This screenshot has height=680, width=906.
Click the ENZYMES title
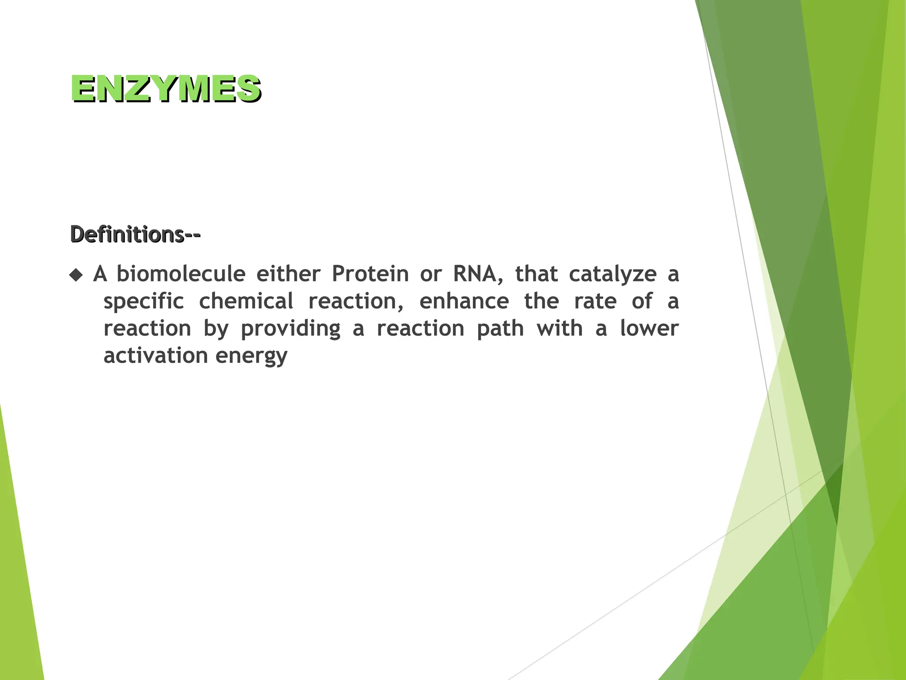(x=166, y=89)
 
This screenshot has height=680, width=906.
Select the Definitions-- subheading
(x=135, y=234)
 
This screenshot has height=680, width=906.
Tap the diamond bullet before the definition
(x=76, y=275)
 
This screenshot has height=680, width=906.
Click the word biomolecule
(x=180, y=274)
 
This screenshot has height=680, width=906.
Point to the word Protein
(x=370, y=274)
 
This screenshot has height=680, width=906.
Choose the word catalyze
(x=613, y=274)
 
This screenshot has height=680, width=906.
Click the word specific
(x=143, y=302)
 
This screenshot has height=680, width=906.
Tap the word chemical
(x=246, y=301)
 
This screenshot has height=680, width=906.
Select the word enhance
(x=464, y=301)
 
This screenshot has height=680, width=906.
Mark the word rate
(x=595, y=301)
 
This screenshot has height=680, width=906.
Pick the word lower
(x=649, y=328)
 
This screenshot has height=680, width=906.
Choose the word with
(x=559, y=328)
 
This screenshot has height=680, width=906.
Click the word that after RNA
(x=536, y=274)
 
